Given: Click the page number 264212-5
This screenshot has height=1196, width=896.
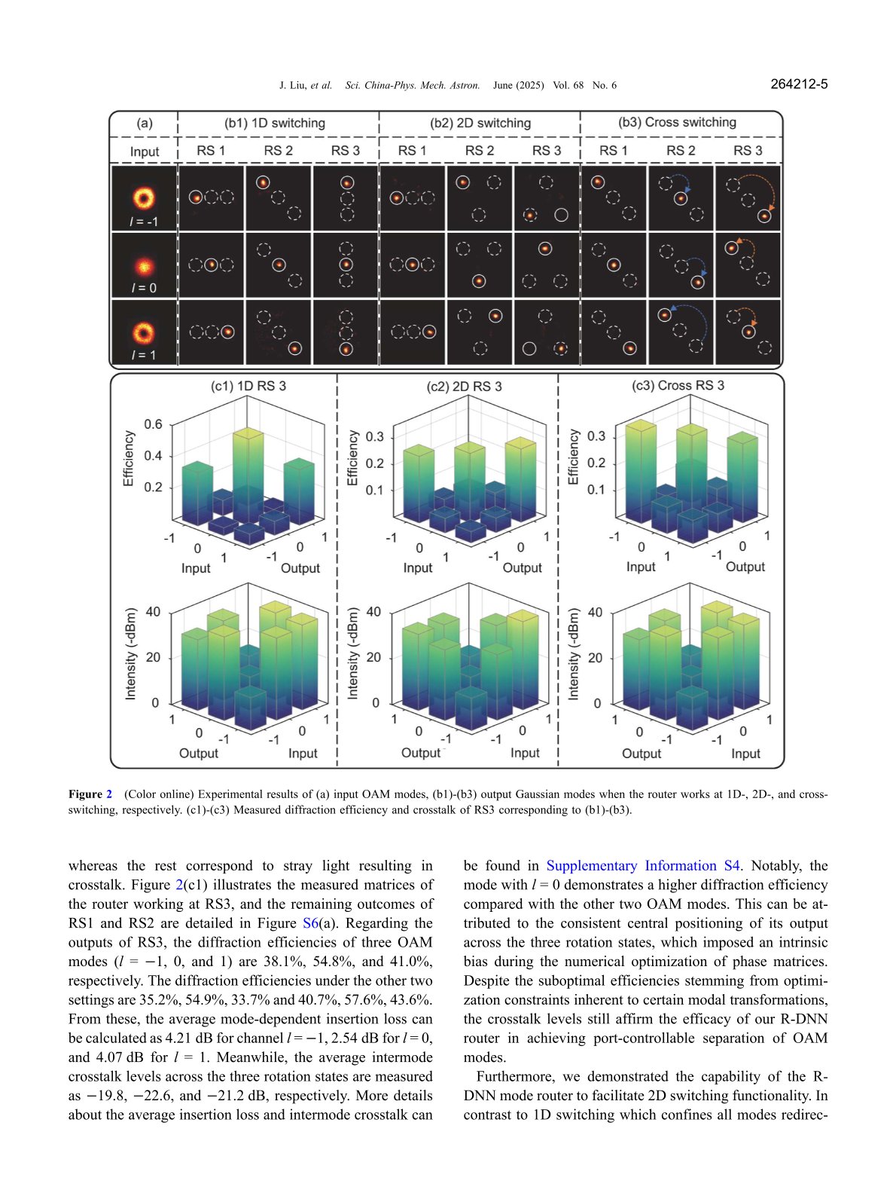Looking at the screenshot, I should point(799,84).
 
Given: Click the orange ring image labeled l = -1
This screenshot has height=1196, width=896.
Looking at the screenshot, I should point(143,197).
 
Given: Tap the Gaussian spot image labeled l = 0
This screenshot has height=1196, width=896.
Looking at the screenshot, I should point(143,265).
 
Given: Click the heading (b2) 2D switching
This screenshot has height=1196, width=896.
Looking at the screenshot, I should point(480,123).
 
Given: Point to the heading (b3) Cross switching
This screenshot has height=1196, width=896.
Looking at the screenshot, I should point(677,122).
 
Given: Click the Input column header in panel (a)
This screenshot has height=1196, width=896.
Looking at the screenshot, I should point(145,151).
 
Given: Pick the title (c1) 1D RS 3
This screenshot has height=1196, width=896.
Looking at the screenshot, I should point(248,386).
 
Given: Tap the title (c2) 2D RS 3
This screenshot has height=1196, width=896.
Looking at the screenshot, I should point(464,387).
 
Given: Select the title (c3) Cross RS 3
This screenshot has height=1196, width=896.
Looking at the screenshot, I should point(678,385).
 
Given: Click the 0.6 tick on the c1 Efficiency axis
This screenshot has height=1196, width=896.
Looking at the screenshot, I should point(153,424).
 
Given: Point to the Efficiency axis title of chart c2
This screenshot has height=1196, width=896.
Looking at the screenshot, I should point(352,457).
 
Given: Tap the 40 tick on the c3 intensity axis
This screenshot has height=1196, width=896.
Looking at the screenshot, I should point(595,612).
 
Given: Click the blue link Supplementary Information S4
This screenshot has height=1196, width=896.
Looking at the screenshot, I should point(643,865).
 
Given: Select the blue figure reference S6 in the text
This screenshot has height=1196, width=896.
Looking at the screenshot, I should point(310,922).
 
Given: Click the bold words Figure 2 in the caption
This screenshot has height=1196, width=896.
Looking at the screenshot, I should point(90,794).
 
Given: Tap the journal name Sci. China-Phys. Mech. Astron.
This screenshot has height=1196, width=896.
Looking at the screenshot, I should point(412,85).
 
